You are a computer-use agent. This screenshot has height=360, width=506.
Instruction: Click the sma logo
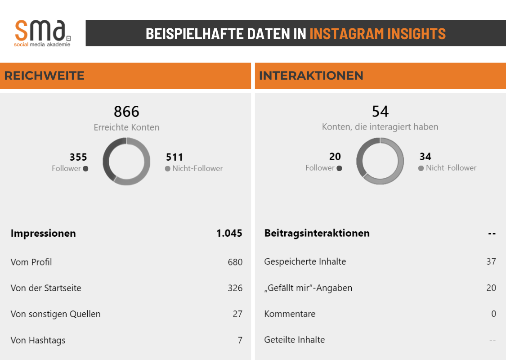(42, 32)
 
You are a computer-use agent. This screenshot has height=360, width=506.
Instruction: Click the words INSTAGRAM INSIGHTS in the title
(377, 34)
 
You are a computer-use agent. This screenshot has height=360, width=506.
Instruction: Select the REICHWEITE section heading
(44, 76)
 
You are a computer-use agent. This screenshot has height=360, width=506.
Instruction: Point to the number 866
(126, 111)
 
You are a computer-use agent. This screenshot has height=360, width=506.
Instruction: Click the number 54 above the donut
(380, 111)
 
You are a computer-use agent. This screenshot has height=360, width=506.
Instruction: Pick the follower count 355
(78, 157)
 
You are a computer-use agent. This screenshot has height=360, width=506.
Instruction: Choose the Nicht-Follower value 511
(175, 157)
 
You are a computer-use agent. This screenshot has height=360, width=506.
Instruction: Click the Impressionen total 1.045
(229, 233)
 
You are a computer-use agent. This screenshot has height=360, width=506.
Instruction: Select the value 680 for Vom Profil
(235, 262)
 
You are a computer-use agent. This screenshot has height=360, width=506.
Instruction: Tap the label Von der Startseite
(46, 288)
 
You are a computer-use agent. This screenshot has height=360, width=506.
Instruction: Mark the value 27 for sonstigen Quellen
(237, 314)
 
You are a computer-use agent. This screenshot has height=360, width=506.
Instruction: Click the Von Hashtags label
(38, 340)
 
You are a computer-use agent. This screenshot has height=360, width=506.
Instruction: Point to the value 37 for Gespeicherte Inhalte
(491, 261)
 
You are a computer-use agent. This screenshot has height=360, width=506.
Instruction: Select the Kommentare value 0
(493, 314)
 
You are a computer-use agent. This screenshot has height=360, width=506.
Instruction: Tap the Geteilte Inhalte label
(294, 340)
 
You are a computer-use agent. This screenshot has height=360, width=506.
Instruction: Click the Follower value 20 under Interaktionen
(335, 157)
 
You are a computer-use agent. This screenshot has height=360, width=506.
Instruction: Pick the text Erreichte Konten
(126, 127)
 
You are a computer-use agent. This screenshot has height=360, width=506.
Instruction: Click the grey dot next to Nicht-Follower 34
(421, 168)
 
